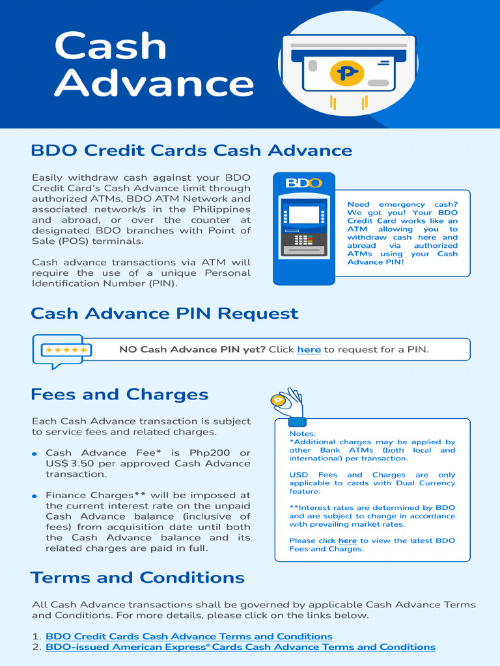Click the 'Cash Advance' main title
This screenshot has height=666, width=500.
tap(154, 65)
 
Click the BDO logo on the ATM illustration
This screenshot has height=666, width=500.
tap(303, 183)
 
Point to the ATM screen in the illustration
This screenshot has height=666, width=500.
tap(303, 215)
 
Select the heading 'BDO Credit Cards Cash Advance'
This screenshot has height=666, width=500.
tap(191, 151)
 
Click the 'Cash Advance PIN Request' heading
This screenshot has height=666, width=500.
tap(164, 313)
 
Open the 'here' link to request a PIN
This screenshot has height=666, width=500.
tap(309, 350)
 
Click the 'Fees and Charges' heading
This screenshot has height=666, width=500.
tap(119, 395)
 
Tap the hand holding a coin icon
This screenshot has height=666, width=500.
tap(288, 403)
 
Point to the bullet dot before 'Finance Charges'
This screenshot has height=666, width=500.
tap(35, 496)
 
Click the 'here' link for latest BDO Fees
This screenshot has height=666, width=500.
tap(347, 541)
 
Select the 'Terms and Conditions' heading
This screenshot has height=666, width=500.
tap(137, 578)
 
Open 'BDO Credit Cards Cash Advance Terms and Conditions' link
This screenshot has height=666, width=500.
tap(189, 636)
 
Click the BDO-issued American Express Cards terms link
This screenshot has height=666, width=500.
tap(240, 647)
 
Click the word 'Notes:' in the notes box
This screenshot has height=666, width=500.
tap(303, 434)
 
